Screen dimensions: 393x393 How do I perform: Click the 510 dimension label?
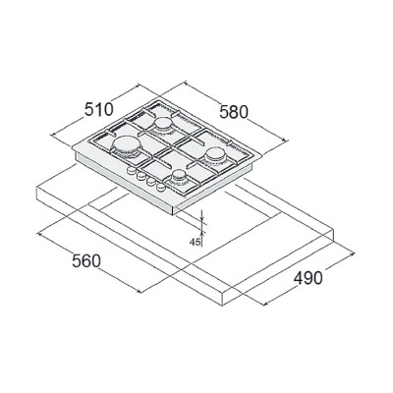click(x=99, y=109)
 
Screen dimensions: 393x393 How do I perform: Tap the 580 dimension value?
click(x=234, y=112)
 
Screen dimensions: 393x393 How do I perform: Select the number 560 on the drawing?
click(x=86, y=261)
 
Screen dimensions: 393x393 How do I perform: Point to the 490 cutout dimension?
click(x=308, y=278)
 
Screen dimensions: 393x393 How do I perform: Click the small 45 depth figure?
click(x=195, y=242)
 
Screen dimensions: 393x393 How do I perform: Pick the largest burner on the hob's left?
click(x=127, y=145)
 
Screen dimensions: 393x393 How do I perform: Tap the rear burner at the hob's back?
click(x=163, y=125)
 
